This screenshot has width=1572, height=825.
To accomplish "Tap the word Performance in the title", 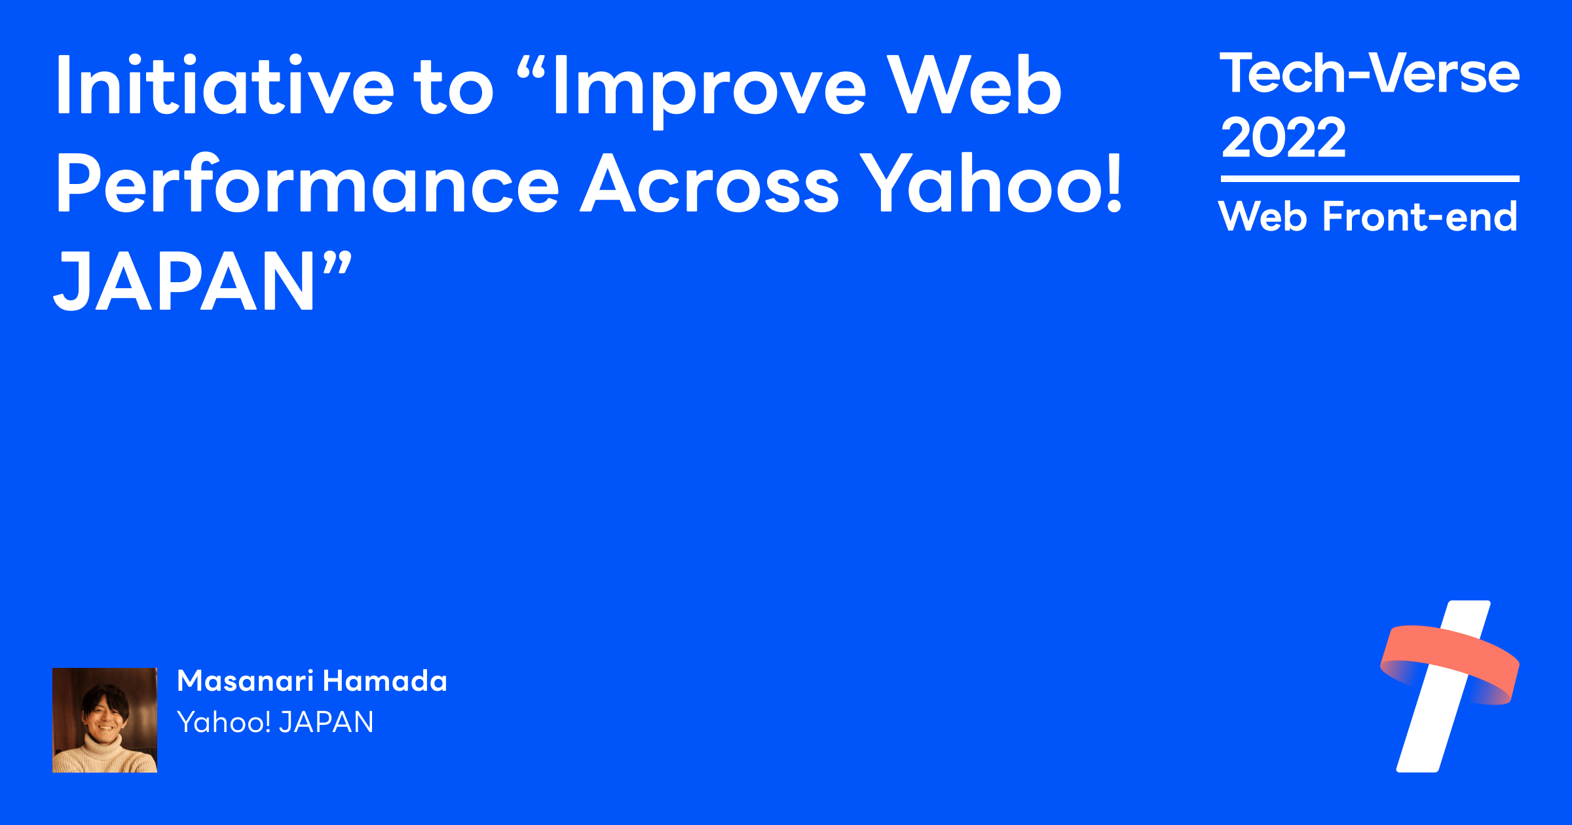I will point(307,185).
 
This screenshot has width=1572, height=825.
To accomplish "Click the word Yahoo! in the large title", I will point(992,185).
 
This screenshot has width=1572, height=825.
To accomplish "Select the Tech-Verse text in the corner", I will point(1369,73).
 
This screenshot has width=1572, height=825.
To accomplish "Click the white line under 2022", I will point(1370,178).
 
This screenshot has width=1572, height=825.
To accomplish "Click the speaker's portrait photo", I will point(105,720).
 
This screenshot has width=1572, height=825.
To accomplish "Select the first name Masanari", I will point(246,681).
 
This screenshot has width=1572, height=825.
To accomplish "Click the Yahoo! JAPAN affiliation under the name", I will point(275,722).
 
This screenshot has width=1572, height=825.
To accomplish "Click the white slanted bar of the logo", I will point(1428,733).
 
